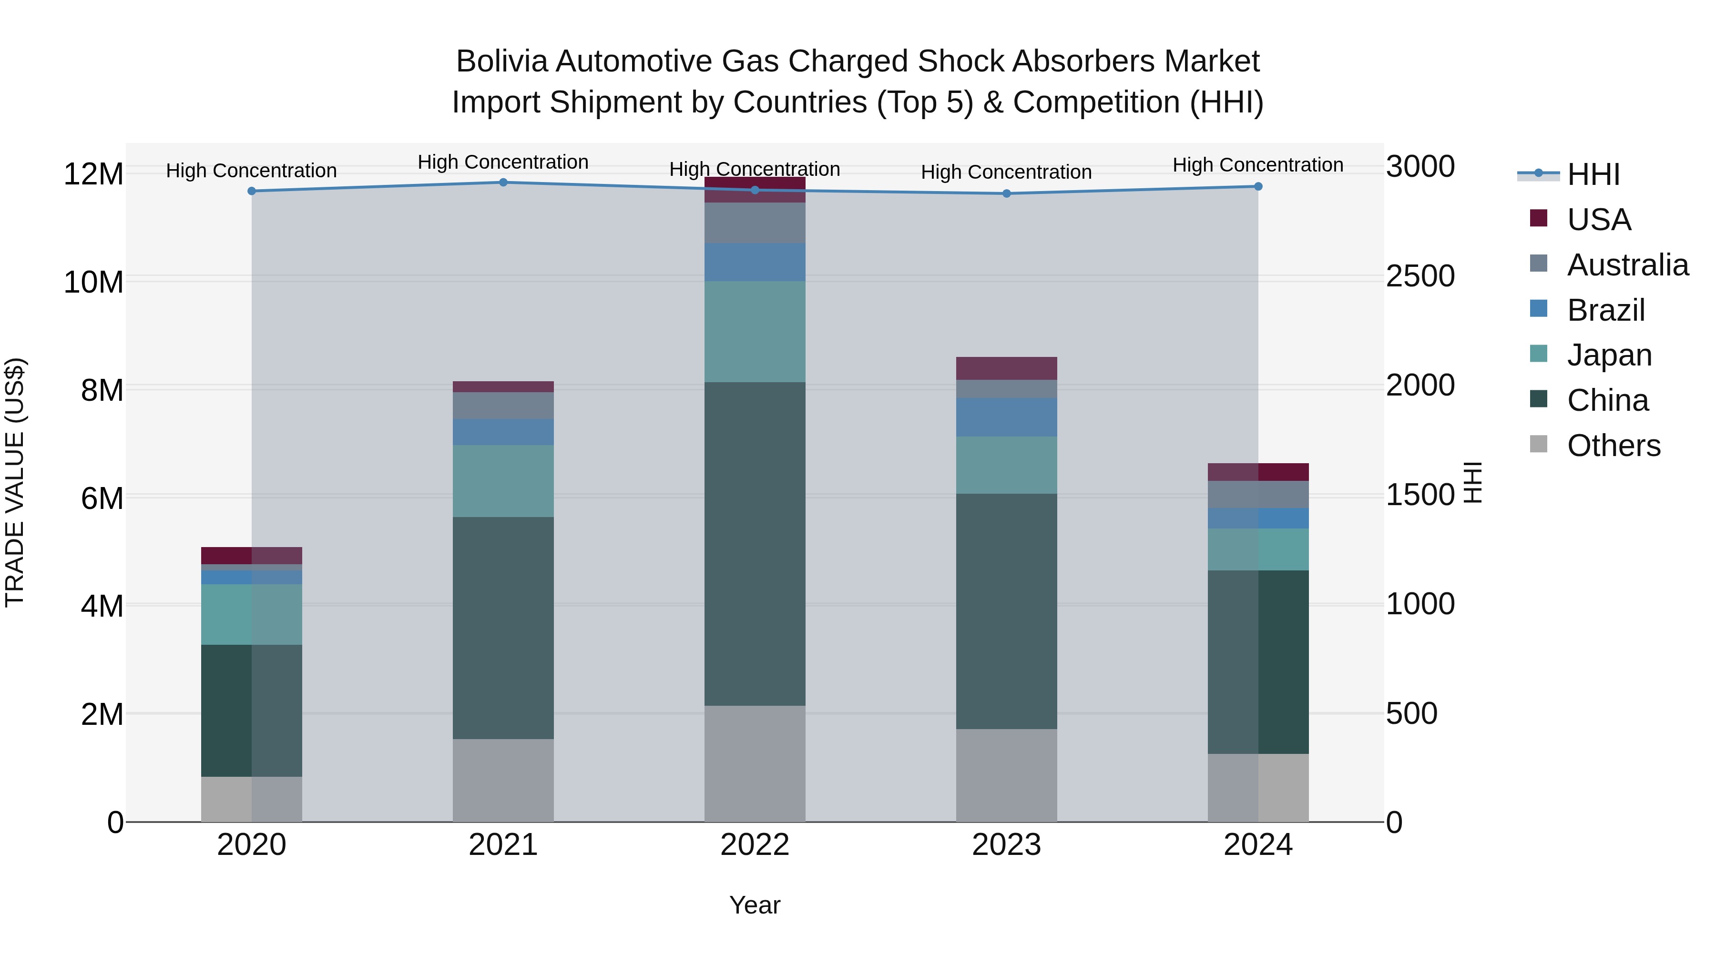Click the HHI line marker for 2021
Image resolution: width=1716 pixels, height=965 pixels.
503,183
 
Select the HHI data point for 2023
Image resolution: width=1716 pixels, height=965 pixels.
1007,194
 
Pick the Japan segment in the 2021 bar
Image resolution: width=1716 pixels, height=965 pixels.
503,481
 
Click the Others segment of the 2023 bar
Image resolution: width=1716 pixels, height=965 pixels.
1007,775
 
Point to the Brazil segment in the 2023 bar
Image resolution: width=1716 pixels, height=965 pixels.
1007,417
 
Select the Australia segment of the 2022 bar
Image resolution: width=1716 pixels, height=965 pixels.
755,223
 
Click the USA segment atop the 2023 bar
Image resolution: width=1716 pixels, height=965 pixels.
1007,368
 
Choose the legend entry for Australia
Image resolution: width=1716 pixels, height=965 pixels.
1627,265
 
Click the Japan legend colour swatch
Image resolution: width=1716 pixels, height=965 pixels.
1539,354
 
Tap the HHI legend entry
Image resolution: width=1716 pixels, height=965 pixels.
1593,174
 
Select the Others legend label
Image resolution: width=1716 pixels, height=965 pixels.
1614,446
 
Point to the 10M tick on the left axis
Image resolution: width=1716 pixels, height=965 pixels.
93,283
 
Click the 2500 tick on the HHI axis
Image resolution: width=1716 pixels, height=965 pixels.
1420,276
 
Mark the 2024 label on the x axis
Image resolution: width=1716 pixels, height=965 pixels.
1258,845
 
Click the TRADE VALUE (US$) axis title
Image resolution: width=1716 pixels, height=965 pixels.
15,482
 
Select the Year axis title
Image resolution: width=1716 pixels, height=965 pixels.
755,905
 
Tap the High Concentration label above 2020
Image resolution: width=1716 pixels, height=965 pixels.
251,171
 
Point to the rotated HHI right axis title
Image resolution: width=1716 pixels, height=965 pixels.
1473,482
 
